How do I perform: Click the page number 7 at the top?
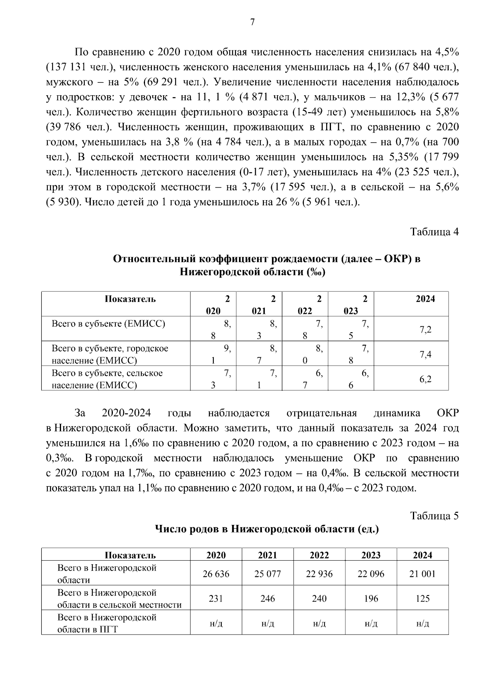click(x=252, y=23)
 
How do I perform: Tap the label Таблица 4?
click(x=434, y=232)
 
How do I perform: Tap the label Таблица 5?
click(x=434, y=516)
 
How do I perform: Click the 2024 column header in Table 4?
click(x=425, y=299)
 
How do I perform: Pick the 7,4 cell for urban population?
click(x=425, y=354)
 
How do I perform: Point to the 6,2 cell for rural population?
click(x=425, y=379)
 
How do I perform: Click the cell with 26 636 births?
click(x=216, y=574)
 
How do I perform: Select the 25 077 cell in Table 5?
click(x=268, y=574)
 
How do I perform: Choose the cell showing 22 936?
click(x=319, y=574)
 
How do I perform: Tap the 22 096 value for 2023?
click(x=371, y=574)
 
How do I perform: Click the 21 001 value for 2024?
click(x=423, y=574)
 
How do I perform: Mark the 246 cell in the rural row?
click(x=268, y=598)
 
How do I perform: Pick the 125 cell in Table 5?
click(x=423, y=598)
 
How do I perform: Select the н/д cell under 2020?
click(x=216, y=623)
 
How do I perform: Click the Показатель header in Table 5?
click(x=130, y=555)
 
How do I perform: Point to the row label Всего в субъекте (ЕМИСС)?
click(x=108, y=324)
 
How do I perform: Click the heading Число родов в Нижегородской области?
click(x=267, y=529)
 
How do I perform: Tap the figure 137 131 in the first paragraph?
click(x=65, y=67)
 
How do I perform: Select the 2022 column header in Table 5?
click(x=319, y=555)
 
